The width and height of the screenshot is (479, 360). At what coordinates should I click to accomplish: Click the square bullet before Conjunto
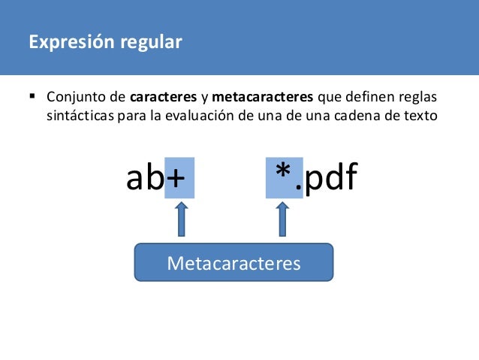click(32, 98)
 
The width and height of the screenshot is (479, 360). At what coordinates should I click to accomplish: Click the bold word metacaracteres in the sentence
click(264, 98)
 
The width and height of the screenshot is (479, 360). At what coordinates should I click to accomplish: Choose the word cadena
click(362, 117)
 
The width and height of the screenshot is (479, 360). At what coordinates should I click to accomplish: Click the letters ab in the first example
click(145, 179)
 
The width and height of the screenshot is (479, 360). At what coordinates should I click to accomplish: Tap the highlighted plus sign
click(179, 179)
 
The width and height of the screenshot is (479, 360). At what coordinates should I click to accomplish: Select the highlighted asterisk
click(283, 177)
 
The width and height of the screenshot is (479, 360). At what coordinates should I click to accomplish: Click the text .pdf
click(329, 179)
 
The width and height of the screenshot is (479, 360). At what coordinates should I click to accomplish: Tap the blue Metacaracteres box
click(233, 263)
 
